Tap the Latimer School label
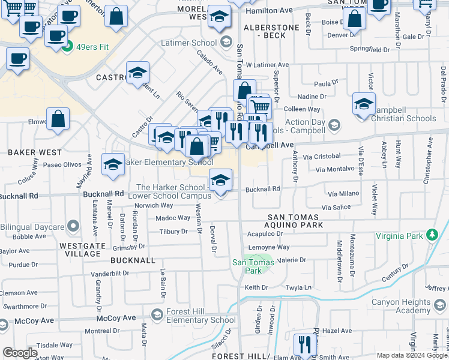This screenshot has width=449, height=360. coord(188,43)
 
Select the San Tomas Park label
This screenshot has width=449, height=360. coord(247,266)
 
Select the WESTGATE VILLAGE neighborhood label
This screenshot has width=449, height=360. coord(80,250)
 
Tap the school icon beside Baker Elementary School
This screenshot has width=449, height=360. coord(113,164)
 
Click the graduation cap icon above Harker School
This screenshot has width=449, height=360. coord(220,179)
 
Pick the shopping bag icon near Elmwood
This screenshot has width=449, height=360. coord(59,119)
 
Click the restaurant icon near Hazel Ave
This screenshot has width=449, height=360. coord(305,344)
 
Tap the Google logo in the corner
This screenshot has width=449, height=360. coord(20,353)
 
